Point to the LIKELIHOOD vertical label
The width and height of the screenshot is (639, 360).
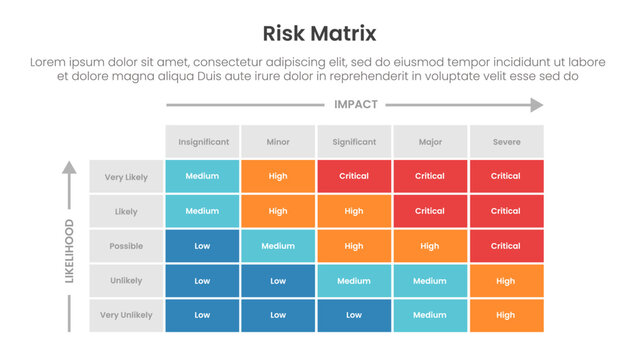pos(69,250)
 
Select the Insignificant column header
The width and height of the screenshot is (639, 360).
pos(202,142)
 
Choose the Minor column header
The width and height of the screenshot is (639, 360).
pos(278,142)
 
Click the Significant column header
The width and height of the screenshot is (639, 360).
pos(354,142)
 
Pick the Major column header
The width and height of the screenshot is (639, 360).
pos(430,142)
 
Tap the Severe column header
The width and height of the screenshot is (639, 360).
pos(506,142)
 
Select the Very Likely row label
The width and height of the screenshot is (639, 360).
pos(126,177)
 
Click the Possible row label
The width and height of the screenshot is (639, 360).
pos(126,246)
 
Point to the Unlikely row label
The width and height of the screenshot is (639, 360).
pos(126,281)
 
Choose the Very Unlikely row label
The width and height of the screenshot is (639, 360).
pos(126,315)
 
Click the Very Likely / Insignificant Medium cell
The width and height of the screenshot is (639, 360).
pos(202,177)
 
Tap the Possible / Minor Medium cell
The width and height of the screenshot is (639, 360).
pos(278,246)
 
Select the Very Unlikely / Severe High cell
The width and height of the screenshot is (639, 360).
pos(506,315)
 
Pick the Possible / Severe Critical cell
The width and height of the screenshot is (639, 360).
pos(506,246)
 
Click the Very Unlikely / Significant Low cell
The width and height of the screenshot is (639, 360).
pos(354,315)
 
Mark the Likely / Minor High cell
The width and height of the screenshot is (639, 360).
pos(278,211)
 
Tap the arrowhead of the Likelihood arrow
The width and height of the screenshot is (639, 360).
pos(69,169)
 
